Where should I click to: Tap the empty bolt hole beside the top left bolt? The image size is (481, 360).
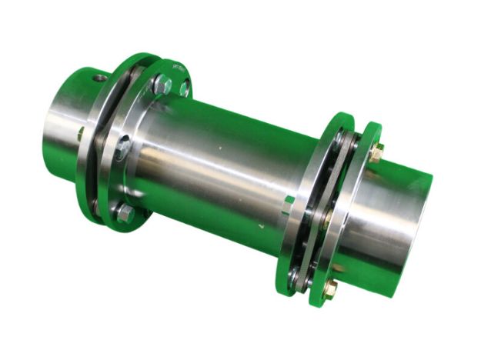click(185, 89)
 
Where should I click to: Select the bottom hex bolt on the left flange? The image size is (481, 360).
click(124, 213)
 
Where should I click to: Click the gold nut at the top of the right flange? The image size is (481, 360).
click(376, 153)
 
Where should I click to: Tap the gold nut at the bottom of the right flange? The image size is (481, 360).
click(329, 289)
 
